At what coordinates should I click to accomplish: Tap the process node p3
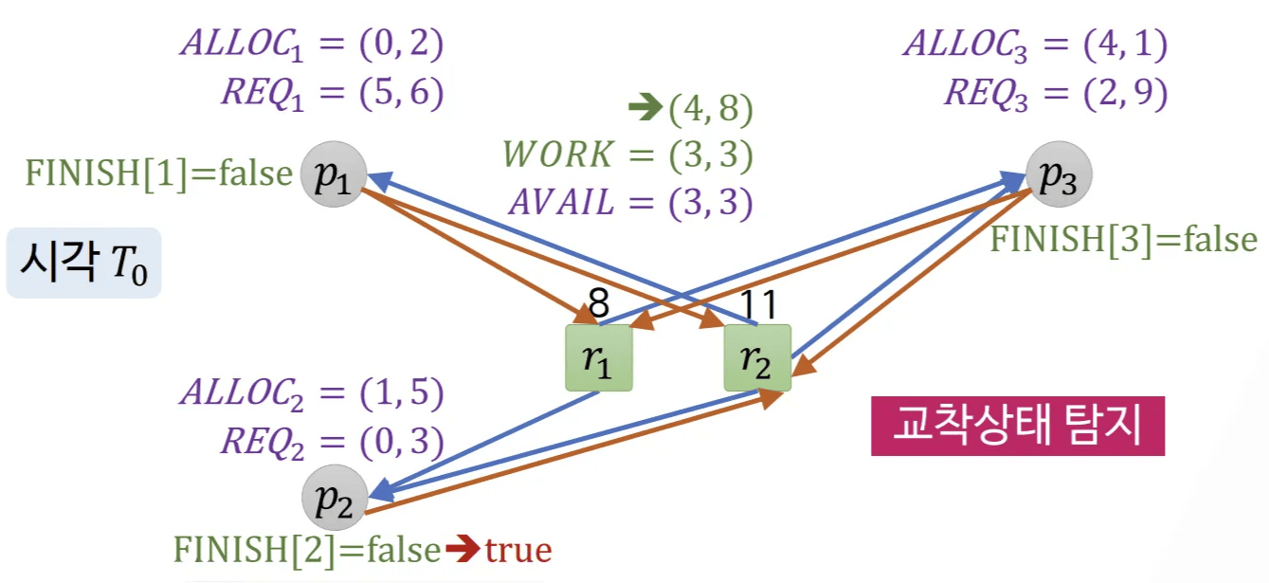1059,174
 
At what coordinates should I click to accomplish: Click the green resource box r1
598,357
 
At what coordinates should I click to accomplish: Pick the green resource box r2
756,357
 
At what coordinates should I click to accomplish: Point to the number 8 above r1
598,305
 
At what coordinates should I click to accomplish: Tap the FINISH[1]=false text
158,173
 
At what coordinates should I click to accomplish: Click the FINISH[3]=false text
1123,239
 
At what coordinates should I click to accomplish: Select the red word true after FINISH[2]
518,549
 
